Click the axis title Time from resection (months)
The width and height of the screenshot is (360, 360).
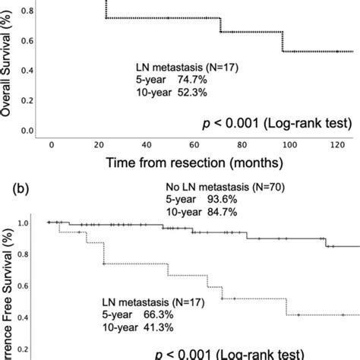coord(195,162)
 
